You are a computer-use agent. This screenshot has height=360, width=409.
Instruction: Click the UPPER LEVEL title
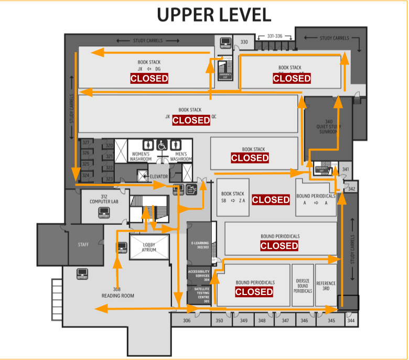coord(214,15)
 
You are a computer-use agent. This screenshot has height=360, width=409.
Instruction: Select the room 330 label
coord(244,42)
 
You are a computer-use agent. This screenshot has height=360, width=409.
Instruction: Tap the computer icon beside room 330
coord(226,42)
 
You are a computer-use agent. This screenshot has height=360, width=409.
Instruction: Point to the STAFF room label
coord(83,244)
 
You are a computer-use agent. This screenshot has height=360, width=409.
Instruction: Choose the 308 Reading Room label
coord(117,292)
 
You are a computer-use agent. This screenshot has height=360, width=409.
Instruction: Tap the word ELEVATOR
coord(158,177)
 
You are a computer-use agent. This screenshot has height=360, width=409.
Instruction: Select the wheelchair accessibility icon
coord(163,144)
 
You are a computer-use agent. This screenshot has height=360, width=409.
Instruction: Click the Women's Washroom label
coord(141,156)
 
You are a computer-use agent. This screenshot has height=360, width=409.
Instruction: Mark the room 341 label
coord(346,170)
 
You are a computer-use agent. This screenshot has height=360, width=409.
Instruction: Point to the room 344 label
coord(350,320)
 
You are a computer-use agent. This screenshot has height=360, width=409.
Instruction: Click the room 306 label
coord(186,320)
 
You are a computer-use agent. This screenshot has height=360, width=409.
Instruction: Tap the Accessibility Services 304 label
coord(199,276)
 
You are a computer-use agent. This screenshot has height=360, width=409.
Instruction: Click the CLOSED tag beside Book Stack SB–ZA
coord(271,200)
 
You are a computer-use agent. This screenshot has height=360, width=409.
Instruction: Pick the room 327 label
coord(85,143)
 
